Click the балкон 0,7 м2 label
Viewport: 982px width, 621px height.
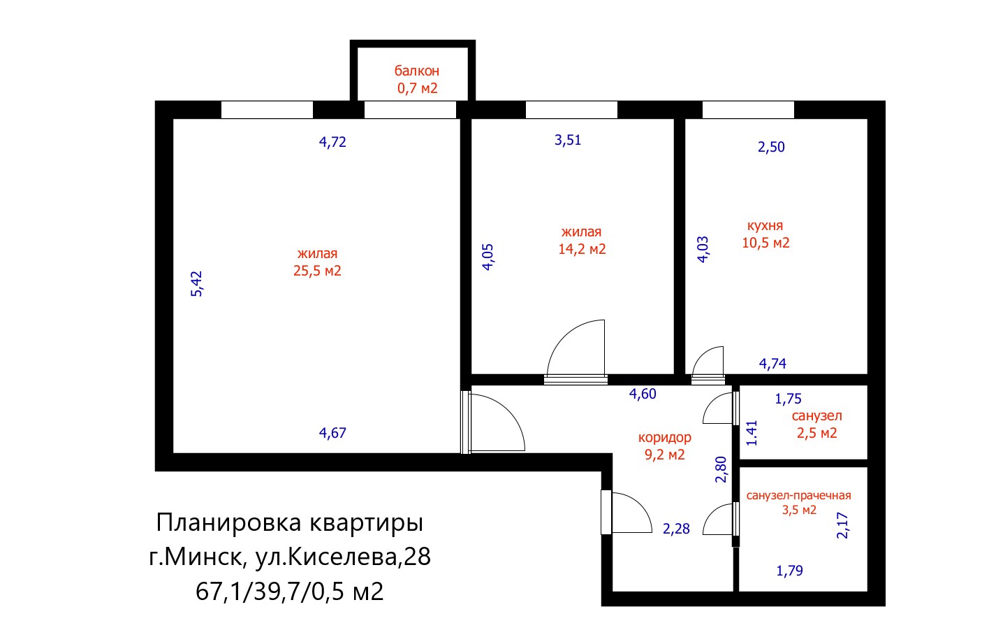[x=417, y=80]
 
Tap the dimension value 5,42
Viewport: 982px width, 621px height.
[x=197, y=284]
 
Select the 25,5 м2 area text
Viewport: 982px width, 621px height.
[x=317, y=271]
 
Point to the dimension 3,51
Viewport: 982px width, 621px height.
[x=568, y=140]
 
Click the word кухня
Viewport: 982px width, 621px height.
[x=765, y=226]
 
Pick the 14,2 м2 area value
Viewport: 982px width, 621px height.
[x=582, y=249]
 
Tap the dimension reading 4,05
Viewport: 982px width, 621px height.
[x=488, y=257]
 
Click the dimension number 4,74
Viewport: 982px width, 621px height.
[x=772, y=364]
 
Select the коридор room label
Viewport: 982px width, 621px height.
[x=665, y=438]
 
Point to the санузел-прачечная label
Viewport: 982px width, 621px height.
[x=799, y=496]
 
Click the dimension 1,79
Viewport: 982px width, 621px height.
[x=789, y=571]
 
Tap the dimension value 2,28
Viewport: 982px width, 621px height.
[x=676, y=529]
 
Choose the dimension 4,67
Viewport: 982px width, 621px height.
[x=332, y=433]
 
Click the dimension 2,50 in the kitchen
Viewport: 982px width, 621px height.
[x=771, y=147]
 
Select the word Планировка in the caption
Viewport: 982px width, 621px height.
[x=229, y=523]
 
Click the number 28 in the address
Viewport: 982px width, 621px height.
[x=418, y=557]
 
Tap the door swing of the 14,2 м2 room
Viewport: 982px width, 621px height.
[x=576, y=348]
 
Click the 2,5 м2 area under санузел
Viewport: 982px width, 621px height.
[x=816, y=433]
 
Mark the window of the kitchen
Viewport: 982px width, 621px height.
[x=748, y=110]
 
